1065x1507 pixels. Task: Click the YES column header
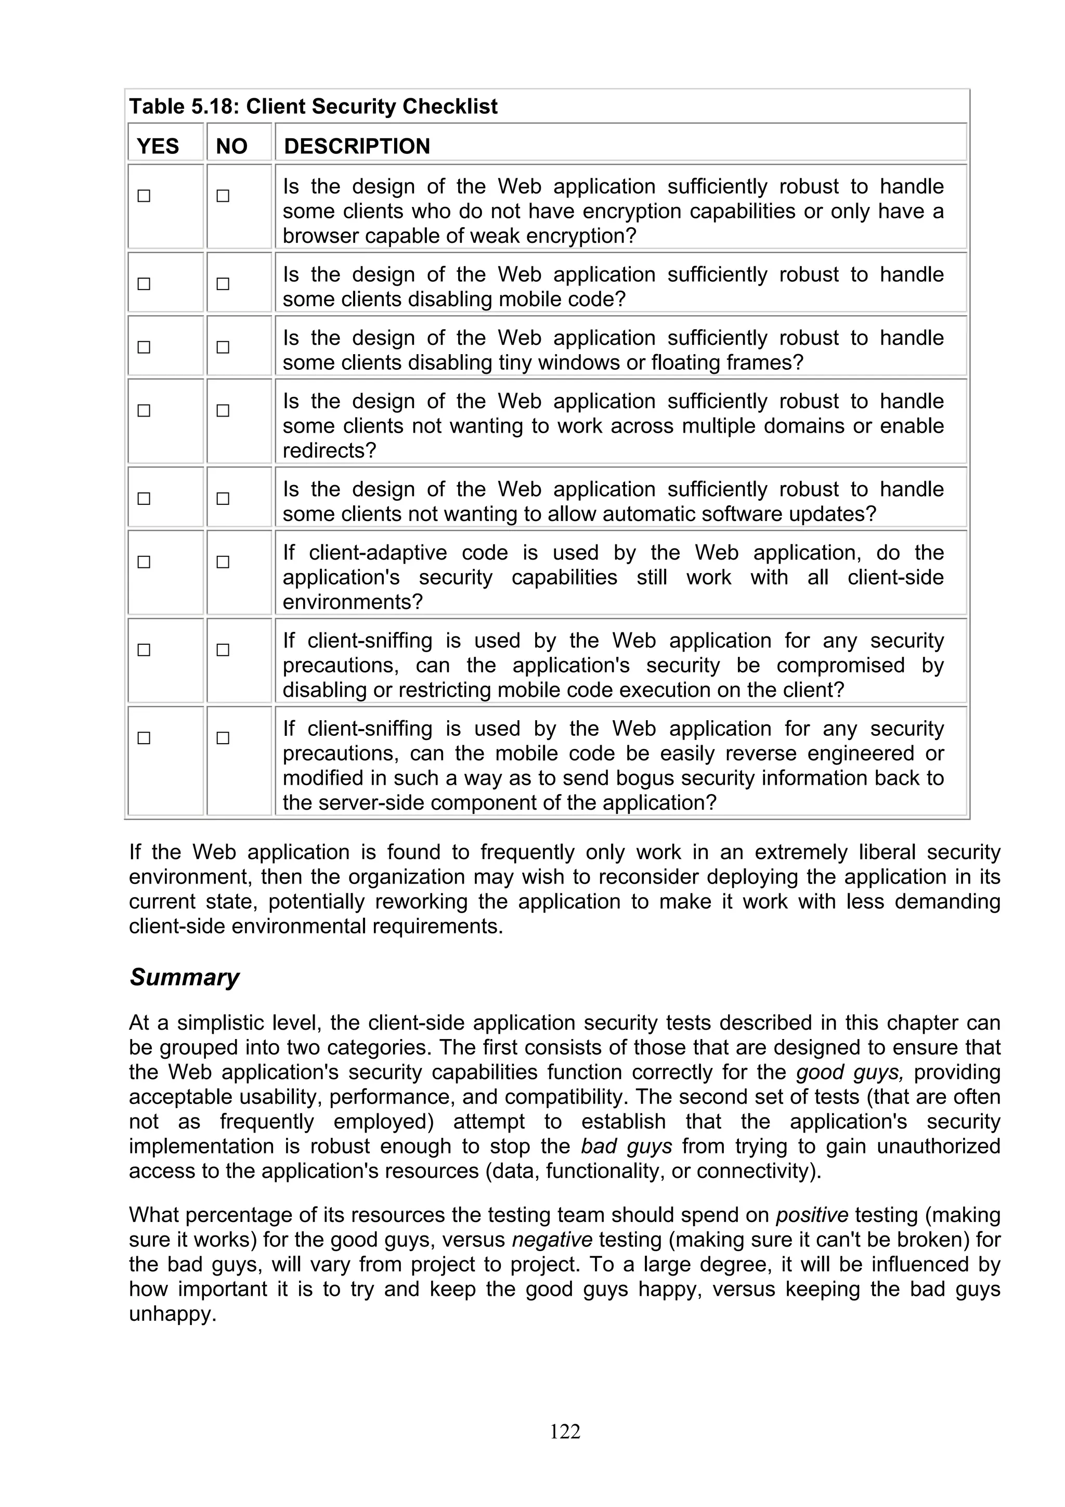pyautogui.click(x=158, y=146)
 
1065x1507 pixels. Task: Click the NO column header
pyautogui.click(x=231, y=146)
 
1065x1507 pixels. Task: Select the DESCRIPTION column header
pyautogui.click(x=357, y=146)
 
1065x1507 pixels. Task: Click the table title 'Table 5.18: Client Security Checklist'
pyautogui.click(x=313, y=106)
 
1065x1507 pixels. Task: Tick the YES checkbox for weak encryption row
pyautogui.click(x=144, y=196)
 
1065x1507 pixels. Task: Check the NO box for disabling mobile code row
pyautogui.click(x=223, y=283)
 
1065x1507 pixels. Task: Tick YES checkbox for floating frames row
pyautogui.click(x=144, y=346)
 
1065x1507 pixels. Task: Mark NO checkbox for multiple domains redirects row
pyautogui.click(x=223, y=410)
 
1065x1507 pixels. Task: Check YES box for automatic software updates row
pyautogui.click(x=144, y=498)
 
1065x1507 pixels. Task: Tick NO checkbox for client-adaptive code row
pyautogui.click(x=223, y=562)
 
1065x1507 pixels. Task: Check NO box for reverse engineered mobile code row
pyautogui.click(x=223, y=738)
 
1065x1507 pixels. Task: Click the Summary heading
pyautogui.click(x=185, y=977)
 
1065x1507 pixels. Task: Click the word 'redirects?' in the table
pyautogui.click(x=329, y=451)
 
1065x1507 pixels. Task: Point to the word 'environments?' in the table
pyautogui.click(x=353, y=602)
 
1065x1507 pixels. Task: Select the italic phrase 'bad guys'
pyautogui.click(x=626, y=1147)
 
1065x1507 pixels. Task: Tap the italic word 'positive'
pyautogui.click(x=812, y=1215)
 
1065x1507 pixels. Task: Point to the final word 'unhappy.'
pyautogui.click(x=173, y=1314)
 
